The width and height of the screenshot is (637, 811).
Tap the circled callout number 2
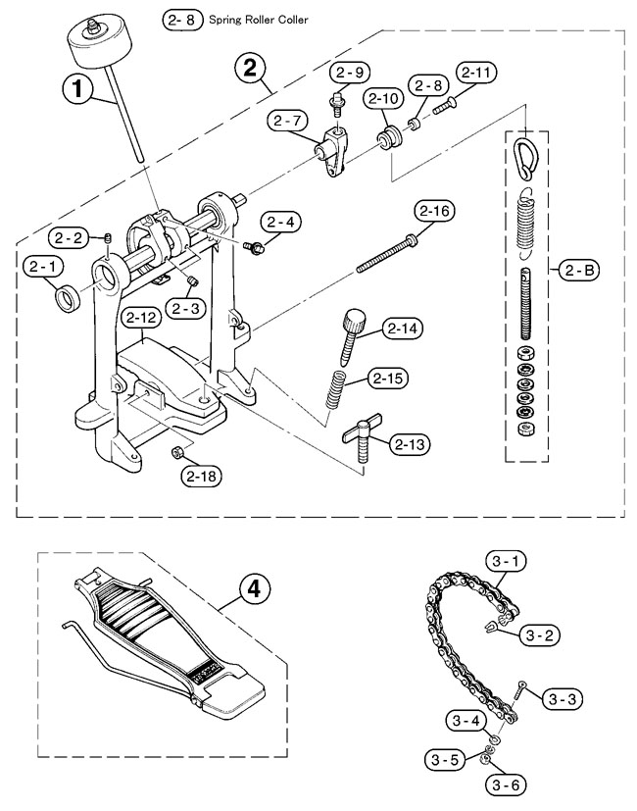point(250,69)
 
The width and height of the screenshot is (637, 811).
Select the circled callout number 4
point(254,589)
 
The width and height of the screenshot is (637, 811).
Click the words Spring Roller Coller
point(240,19)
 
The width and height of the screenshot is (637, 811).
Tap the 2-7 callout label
point(290,121)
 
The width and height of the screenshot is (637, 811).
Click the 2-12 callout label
point(142,317)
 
